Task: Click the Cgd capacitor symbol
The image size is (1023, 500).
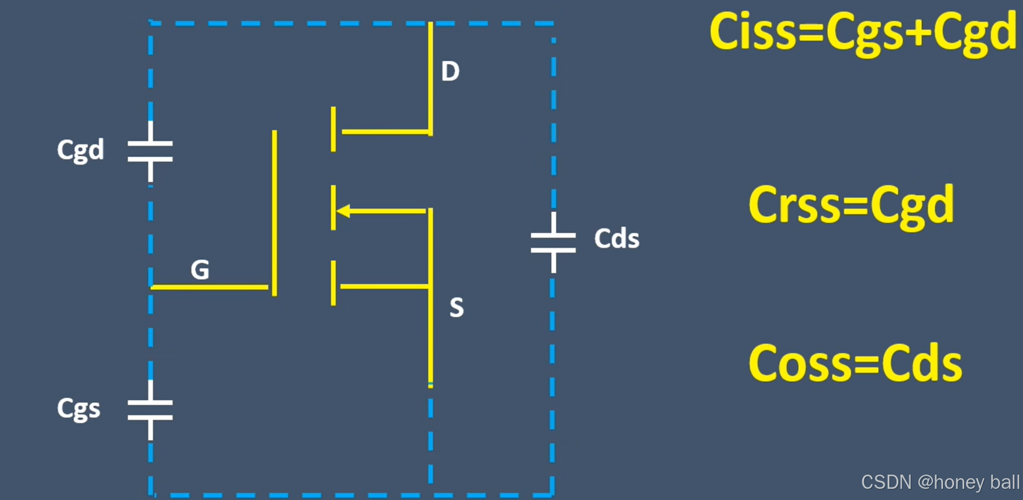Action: pyautogui.click(x=150, y=151)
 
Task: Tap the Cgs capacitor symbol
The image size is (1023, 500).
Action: pyautogui.click(x=150, y=410)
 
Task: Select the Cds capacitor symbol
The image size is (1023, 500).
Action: pyautogui.click(x=553, y=242)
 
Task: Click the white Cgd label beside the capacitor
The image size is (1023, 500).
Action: pyautogui.click(x=81, y=150)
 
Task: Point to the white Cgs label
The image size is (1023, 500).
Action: pyautogui.click(x=79, y=409)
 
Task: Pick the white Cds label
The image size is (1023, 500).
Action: pyautogui.click(x=617, y=239)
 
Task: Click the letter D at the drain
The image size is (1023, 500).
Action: pyautogui.click(x=450, y=71)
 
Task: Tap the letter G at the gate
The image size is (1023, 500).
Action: pyautogui.click(x=200, y=270)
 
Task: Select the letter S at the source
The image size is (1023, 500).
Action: pyautogui.click(x=456, y=307)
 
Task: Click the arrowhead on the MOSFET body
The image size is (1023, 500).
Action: pyautogui.click(x=343, y=210)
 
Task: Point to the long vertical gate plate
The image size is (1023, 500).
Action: pyautogui.click(x=274, y=212)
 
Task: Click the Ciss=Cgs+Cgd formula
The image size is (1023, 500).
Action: pyautogui.click(x=862, y=32)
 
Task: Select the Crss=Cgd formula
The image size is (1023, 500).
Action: pyautogui.click(x=851, y=205)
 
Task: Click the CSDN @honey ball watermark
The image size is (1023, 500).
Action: pyautogui.click(x=940, y=482)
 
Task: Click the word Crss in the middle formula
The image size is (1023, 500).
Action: pyautogui.click(x=794, y=205)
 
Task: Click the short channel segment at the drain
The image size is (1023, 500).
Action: pyautogui.click(x=333, y=129)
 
